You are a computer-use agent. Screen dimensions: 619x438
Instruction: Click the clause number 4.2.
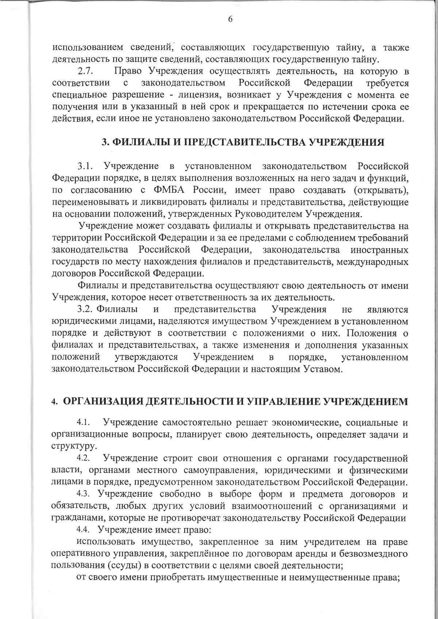click(83, 458)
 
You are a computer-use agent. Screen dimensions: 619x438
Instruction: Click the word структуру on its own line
click(69, 446)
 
